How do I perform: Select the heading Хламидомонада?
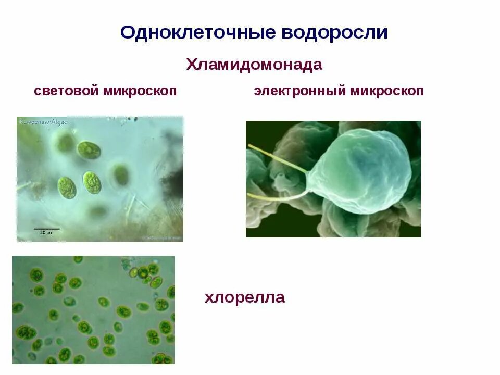pos(254,65)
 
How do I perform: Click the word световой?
pos(66,91)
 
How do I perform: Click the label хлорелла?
pos(245,298)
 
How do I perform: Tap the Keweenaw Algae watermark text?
pos(43,122)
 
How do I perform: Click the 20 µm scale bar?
pos(47,229)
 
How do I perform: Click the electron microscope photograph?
pos(333,179)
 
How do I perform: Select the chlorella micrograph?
pos(94,309)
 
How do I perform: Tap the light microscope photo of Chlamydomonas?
pos(100,179)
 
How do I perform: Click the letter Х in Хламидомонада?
pos(191,65)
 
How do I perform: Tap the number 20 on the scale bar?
pos(42,233)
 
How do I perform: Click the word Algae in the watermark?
pos(58,122)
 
